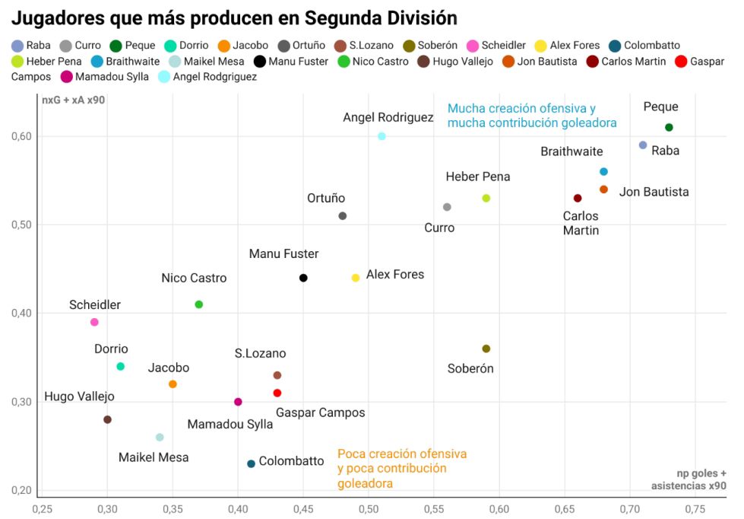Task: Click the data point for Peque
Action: [669, 127]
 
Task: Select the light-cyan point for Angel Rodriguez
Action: [381, 136]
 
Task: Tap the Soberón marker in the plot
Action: [486, 349]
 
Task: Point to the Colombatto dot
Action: [251, 463]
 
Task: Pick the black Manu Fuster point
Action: [303, 278]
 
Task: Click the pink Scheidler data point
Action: [94, 322]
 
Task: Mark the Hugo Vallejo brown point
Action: [107, 419]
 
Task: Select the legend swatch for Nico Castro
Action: [344, 61]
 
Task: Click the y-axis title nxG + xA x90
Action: [73, 100]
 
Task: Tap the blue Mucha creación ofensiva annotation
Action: [531, 115]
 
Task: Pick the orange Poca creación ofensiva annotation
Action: [402, 468]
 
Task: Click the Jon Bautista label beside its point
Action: [654, 192]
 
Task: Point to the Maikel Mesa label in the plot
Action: [154, 457]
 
